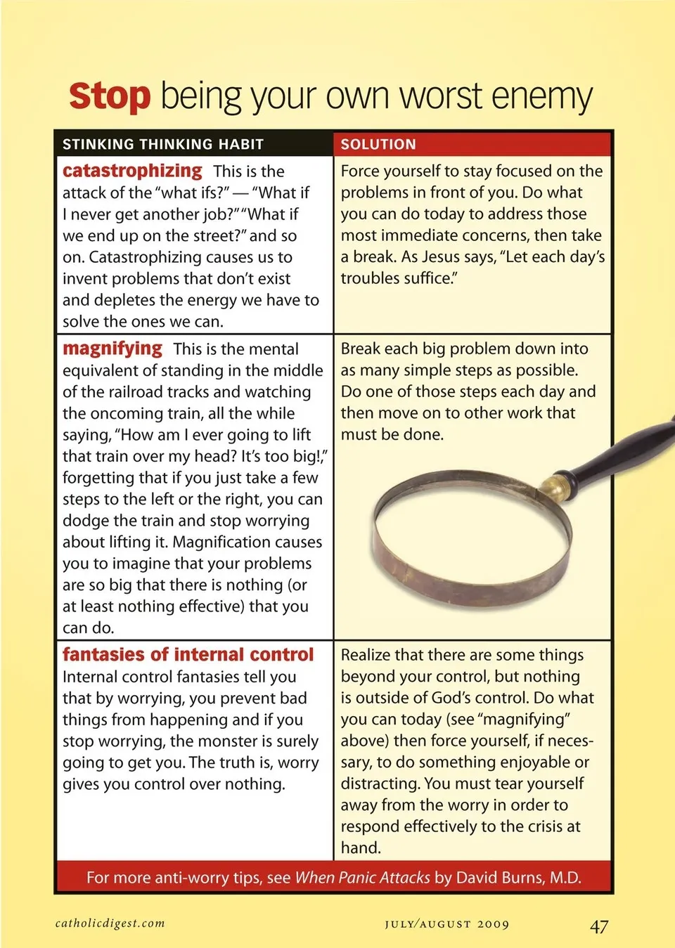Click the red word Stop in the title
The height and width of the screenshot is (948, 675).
pos(110,96)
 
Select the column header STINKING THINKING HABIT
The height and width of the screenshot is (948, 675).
pos(163,144)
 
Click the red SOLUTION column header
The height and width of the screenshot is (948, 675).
pos(378,144)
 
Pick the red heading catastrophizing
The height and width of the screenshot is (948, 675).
pos(132,171)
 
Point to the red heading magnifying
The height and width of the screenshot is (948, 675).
pos(112,349)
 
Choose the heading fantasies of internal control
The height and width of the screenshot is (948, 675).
pos(188,654)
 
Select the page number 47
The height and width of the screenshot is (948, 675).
pos(599,926)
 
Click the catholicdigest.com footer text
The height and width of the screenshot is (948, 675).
pos(110,923)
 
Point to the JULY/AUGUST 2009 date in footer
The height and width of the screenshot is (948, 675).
pos(446,924)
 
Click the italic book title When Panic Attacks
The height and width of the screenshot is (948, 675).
pos(362,877)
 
